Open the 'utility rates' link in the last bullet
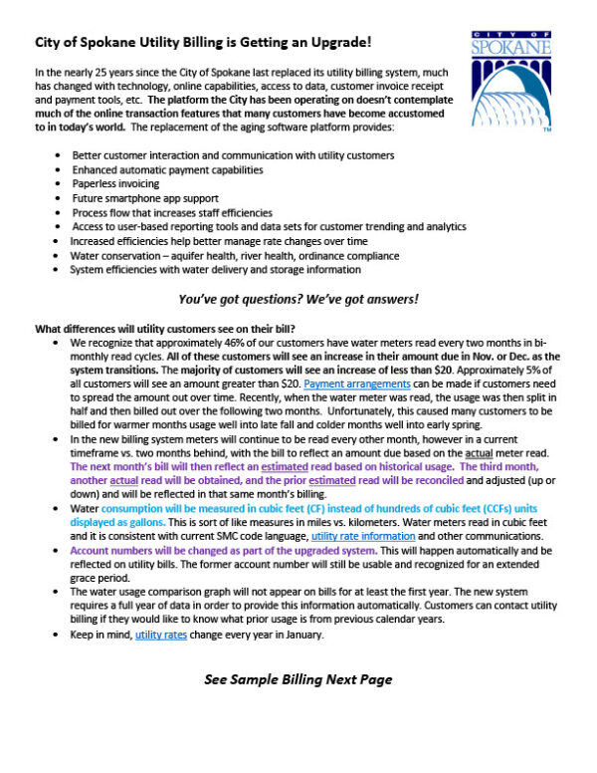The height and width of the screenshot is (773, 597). (163, 634)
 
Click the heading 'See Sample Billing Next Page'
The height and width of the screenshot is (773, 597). (298, 679)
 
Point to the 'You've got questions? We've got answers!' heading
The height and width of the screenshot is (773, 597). (298, 299)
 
